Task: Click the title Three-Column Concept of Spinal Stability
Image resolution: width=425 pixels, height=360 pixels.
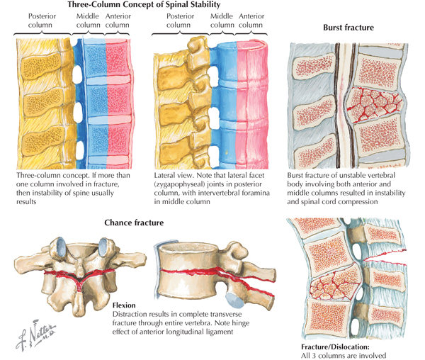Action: click(x=144, y=5)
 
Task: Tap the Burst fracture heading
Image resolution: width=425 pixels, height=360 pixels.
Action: click(x=348, y=28)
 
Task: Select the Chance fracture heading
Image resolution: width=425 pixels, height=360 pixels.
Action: click(x=134, y=223)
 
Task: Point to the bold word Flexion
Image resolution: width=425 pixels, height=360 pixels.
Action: click(x=124, y=305)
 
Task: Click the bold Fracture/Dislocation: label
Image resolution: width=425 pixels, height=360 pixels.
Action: click(x=335, y=347)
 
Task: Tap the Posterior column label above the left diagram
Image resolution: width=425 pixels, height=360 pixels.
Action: click(x=42, y=21)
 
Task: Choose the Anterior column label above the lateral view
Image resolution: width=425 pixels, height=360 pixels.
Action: click(x=251, y=21)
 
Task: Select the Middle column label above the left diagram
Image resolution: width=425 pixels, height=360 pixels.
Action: click(x=88, y=21)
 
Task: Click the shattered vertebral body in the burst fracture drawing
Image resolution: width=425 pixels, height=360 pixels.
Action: click(x=375, y=104)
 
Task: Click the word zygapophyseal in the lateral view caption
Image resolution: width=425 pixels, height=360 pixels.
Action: click(x=179, y=184)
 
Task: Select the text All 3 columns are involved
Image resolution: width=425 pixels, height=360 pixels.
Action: click(x=344, y=355)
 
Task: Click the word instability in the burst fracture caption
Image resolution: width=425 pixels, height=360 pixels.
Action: click(x=389, y=193)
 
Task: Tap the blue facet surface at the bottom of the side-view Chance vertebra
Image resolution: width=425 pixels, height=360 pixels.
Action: click(x=234, y=300)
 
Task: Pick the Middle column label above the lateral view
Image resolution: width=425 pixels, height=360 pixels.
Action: click(x=222, y=21)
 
